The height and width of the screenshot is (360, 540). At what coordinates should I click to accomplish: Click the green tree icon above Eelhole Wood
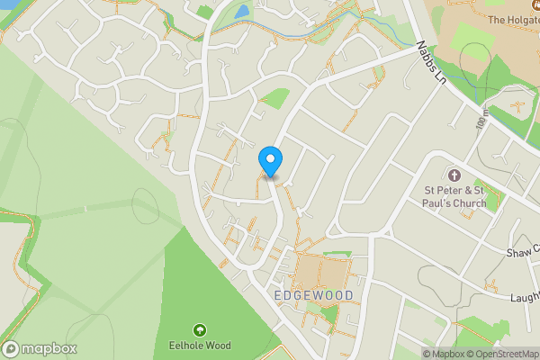tap(199, 330)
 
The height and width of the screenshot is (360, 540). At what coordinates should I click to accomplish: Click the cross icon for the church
tap(454, 175)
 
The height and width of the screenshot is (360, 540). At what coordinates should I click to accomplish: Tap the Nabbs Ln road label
tap(430, 62)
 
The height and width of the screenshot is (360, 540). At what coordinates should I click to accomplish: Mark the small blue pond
tap(241, 13)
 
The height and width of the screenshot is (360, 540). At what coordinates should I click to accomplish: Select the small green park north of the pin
tap(275, 98)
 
